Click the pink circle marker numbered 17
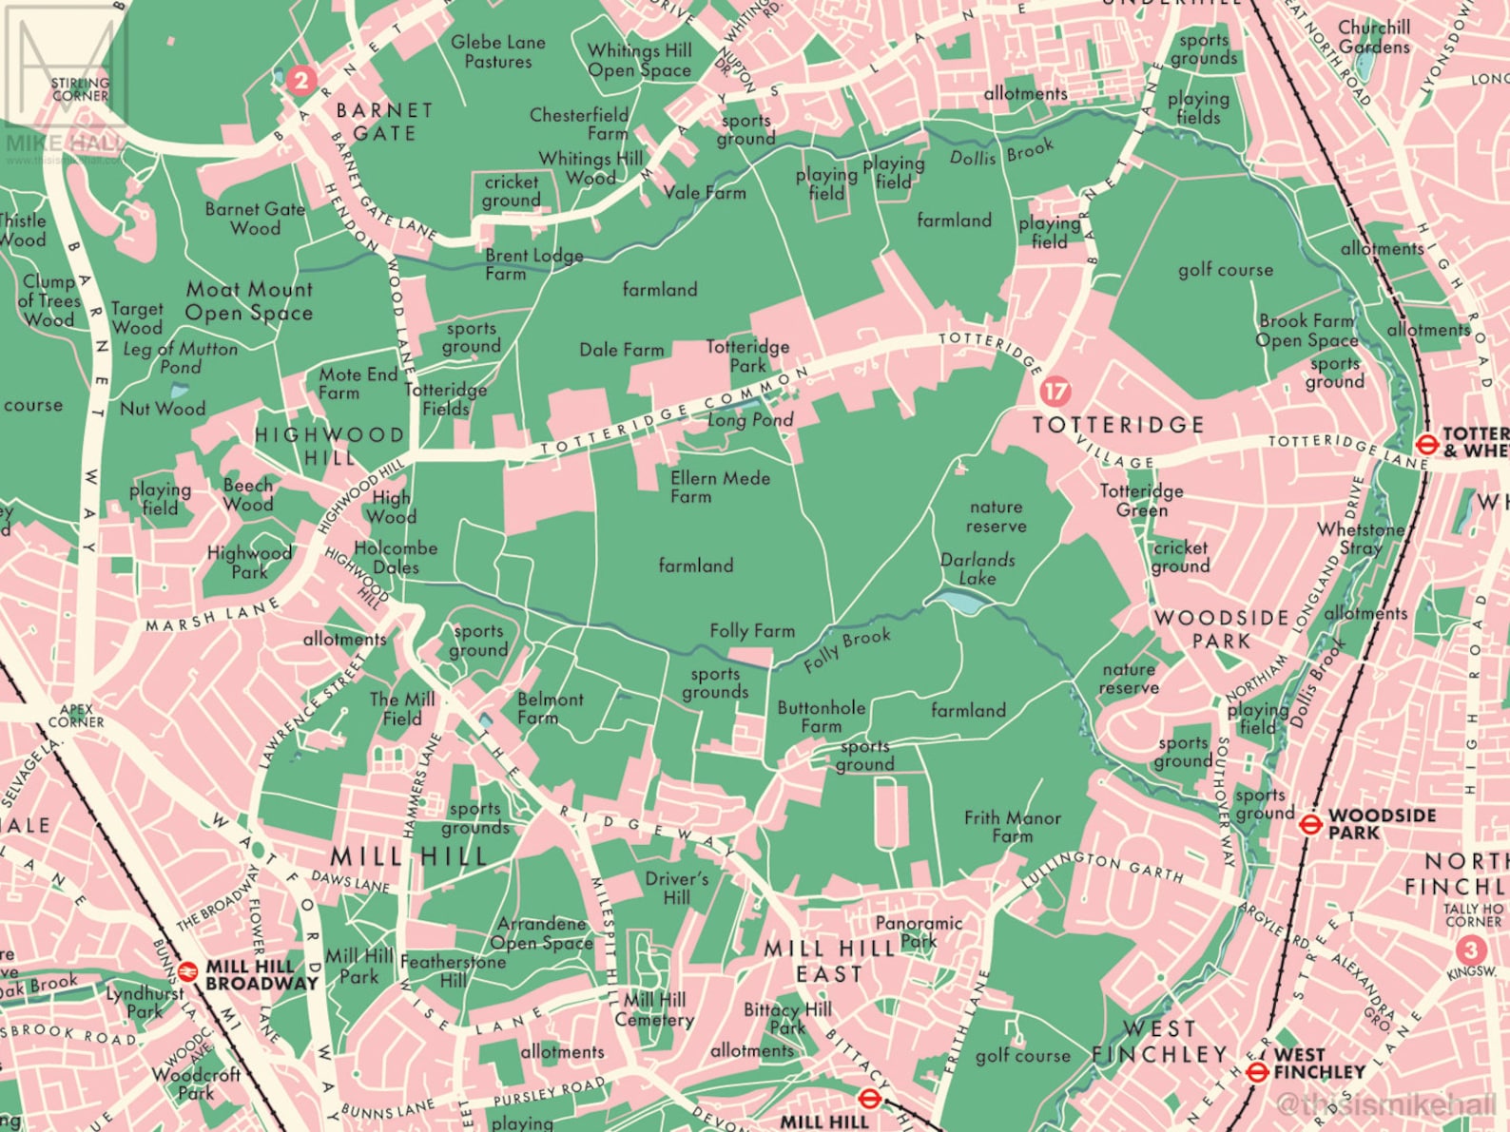tap(1055, 391)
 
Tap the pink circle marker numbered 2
tap(300, 80)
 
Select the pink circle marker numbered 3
tap(1470, 950)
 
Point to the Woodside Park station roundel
tap(1310, 824)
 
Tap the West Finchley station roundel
tap(1257, 1072)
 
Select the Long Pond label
tap(750, 419)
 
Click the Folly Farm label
tap(751, 630)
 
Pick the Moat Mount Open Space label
tap(249, 300)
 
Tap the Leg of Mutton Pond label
tap(181, 357)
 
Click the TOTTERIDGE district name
tap(1118, 424)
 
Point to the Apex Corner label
tap(76, 715)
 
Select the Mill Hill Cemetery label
tap(654, 1009)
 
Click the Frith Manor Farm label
tap(1012, 826)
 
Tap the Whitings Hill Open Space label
tap(639, 60)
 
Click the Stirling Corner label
tap(80, 89)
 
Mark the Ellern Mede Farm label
tap(720, 487)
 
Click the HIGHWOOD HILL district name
tap(329, 445)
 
